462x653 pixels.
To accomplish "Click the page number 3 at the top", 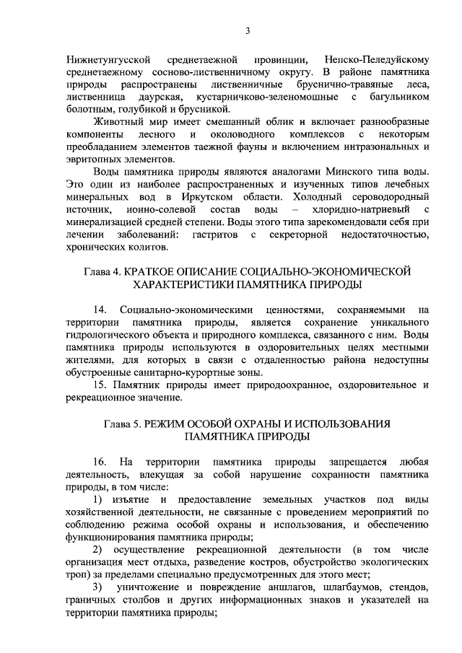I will tap(248, 30).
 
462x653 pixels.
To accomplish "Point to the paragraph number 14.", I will tap(100, 309).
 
